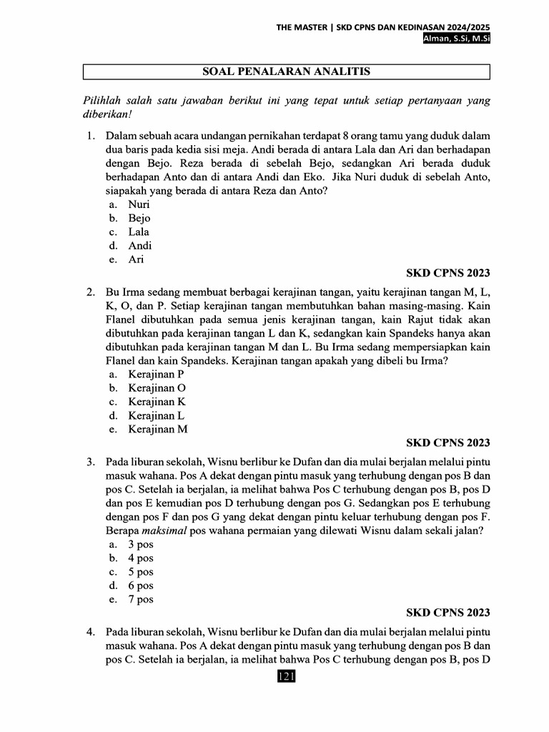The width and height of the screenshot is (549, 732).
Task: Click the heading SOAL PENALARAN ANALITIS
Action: [x=286, y=71]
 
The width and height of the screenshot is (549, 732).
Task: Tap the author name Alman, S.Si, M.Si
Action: [x=456, y=39]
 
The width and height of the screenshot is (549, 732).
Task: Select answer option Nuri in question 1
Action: [x=139, y=204]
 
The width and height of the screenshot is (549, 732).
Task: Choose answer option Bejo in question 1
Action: [x=139, y=218]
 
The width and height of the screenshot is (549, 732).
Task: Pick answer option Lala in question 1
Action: [x=139, y=232]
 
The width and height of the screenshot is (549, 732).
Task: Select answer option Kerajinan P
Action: [x=156, y=374]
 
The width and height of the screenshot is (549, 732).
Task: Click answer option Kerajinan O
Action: [x=157, y=387]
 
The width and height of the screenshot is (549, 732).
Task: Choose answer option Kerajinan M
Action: [x=158, y=429]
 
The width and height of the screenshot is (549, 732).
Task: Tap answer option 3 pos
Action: [x=141, y=544]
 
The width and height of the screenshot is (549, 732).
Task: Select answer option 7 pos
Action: [x=141, y=599]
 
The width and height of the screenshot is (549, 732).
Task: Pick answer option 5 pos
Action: [x=141, y=572]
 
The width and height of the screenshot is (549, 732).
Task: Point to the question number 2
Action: [x=90, y=292]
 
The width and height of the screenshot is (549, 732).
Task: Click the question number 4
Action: [x=90, y=632]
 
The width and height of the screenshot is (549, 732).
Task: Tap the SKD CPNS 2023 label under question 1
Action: [x=447, y=273]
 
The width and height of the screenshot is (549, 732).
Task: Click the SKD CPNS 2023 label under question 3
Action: [x=447, y=613]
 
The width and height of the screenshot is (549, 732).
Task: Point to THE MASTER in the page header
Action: [x=302, y=27]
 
